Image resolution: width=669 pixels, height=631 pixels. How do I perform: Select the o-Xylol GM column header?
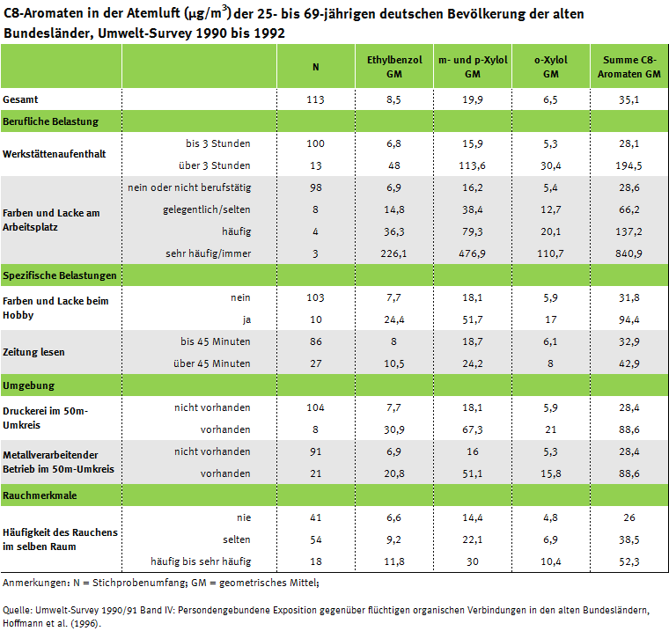[x=551, y=66]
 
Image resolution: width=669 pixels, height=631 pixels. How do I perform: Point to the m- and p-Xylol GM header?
[x=472, y=66]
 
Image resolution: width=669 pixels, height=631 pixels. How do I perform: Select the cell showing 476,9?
[x=472, y=253]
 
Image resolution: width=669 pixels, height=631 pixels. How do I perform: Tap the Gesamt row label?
[x=20, y=99]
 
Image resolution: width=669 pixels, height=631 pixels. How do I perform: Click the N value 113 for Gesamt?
[x=316, y=99]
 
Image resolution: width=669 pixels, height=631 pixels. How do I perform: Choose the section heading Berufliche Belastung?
[x=51, y=121]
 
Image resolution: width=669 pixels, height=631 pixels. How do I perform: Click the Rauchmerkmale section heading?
[x=40, y=495]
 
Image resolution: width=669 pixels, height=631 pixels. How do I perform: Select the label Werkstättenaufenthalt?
[x=55, y=153]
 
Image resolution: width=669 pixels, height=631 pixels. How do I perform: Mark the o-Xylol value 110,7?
[x=551, y=253]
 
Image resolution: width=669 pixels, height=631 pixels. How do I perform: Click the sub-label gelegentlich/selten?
[x=207, y=209]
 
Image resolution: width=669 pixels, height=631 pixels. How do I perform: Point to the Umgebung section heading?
[x=29, y=385]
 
